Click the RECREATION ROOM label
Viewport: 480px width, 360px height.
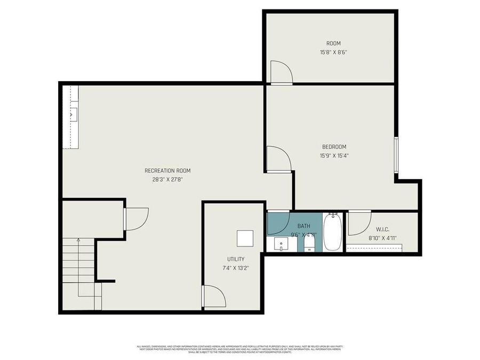[167, 171]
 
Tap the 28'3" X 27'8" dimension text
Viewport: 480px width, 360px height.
[167, 180]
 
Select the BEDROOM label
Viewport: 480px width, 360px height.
[334, 147]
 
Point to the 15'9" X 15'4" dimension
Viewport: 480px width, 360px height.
[334, 156]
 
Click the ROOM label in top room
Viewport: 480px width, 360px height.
[333, 43]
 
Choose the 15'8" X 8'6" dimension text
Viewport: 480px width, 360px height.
[333, 52]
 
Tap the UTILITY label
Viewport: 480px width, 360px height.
[236, 259]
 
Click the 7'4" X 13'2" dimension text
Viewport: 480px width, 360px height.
[236, 268]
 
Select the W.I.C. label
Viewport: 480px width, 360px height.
[382, 229]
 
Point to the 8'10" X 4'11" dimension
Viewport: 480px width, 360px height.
[382, 238]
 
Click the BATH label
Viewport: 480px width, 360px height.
[303, 226]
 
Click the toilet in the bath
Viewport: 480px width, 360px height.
[309, 244]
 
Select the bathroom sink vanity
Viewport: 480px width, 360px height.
[282, 244]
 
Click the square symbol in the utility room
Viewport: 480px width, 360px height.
[245, 238]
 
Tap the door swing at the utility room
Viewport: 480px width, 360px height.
[213, 297]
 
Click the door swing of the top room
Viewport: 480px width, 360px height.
[281, 73]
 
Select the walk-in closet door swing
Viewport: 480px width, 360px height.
[358, 223]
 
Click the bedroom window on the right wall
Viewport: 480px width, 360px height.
[396, 155]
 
